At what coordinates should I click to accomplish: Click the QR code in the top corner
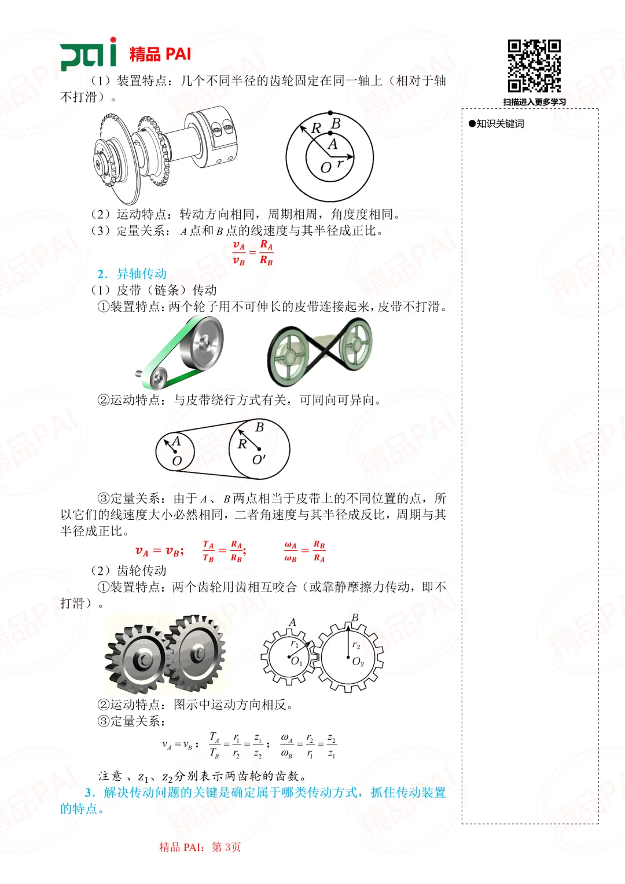(x=534, y=65)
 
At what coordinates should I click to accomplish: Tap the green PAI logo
(x=88, y=54)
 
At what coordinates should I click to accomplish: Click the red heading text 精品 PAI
(x=160, y=54)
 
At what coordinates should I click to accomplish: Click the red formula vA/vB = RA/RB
(x=253, y=253)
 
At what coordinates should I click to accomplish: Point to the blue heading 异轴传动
(x=141, y=274)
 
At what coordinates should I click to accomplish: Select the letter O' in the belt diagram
(x=259, y=460)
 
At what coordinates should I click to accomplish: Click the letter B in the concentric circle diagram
(x=336, y=124)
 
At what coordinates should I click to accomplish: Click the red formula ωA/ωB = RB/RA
(x=305, y=551)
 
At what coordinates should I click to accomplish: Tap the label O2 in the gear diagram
(x=358, y=662)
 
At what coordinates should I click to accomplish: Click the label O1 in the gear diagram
(x=296, y=661)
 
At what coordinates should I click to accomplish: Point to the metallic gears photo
(x=166, y=655)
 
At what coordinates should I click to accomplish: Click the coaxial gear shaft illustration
(x=166, y=152)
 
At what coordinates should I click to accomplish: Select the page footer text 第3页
(x=226, y=847)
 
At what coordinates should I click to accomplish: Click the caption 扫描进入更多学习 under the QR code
(x=534, y=102)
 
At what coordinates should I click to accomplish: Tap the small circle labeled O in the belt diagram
(x=175, y=451)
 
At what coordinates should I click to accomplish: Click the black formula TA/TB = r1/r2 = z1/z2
(x=237, y=746)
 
